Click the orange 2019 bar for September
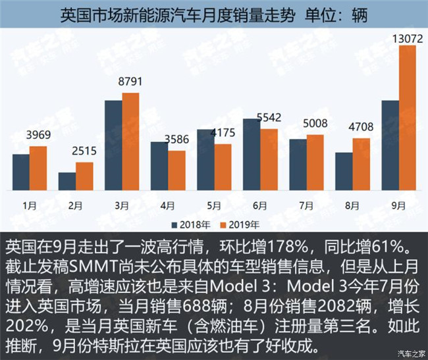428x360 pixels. click(408, 118)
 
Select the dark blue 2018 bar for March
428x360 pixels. click(113, 145)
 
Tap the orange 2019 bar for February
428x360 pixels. click(84, 176)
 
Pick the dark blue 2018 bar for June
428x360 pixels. click(252, 155)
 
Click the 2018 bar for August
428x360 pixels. click(344, 171)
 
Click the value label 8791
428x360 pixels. click(130, 82)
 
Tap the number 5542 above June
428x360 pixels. click(271, 118)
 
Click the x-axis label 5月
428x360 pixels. click(214, 205)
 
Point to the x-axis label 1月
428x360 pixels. click(30, 205)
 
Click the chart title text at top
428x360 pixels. click(213, 14)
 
